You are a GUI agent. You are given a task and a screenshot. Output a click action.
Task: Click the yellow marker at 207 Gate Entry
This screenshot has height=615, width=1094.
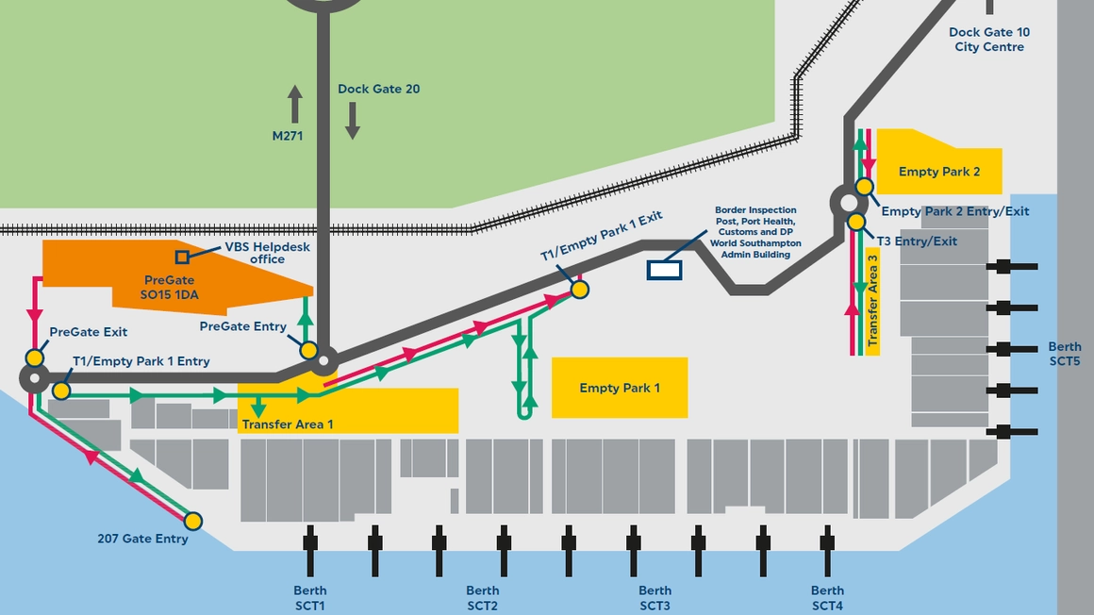(x=193, y=521)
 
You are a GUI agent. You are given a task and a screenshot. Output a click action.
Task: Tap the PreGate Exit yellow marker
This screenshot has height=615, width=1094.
(x=35, y=357)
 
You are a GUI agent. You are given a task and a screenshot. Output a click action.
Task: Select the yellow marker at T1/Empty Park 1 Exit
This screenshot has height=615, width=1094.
(x=580, y=290)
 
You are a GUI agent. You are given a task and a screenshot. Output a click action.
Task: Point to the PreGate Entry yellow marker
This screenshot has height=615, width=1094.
(x=308, y=350)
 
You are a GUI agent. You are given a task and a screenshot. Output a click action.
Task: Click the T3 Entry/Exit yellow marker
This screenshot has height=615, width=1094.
(x=856, y=222)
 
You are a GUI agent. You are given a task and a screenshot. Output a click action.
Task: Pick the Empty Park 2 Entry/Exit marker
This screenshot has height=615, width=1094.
(x=864, y=187)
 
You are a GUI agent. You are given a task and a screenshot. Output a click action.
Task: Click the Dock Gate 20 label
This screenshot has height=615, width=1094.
(x=379, y=90)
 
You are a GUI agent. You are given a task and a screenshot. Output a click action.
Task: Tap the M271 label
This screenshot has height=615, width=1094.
(x=288, y=136)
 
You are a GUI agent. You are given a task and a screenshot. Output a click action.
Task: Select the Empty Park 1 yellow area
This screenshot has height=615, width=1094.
(x=620, y=388)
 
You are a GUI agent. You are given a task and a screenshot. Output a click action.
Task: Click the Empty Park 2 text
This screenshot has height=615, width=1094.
(x=939, y=172)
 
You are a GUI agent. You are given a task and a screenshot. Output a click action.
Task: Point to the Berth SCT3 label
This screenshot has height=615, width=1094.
(x=655, y=598)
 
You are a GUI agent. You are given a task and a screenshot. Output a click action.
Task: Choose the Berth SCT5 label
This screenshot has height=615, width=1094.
(x=1065, y=354)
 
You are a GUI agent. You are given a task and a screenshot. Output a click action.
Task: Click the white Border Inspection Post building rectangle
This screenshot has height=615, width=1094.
(x=664, y=271)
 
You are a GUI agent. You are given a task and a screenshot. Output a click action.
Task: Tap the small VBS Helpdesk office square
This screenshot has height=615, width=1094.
(x=183, y=257)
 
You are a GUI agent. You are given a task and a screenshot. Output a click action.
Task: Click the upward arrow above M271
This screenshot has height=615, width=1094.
(x=295, y=103)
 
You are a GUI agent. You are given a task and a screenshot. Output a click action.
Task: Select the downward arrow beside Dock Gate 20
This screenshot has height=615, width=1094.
(x=353, y=121)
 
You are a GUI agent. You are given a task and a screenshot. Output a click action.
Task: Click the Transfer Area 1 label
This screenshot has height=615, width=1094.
(x=288, y=424)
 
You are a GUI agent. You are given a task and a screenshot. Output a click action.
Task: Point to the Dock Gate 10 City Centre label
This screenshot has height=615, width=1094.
(x=989, y=40)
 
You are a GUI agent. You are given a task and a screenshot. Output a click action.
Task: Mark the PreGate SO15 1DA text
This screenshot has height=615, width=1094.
(x=170, y=288)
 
